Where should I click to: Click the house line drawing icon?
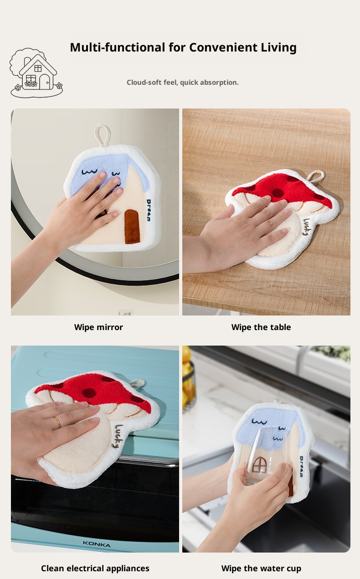(36, 72)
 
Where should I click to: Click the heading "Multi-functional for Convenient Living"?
(183, 47)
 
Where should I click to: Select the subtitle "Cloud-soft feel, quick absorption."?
(183, 83)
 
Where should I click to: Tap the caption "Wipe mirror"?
(98, 327)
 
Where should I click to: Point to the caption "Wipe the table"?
(261, 327)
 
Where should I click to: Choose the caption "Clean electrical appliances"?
(95, 569)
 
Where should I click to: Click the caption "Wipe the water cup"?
(261, 569)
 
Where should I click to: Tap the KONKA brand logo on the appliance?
(97, 544)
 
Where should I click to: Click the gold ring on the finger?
(58, 422)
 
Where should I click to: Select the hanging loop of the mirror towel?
(103, 135)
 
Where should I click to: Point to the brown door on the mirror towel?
(132, 227)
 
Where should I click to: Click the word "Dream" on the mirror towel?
(149, 210)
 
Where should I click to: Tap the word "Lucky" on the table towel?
(307, 227)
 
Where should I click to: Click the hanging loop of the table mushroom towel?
(316, 176)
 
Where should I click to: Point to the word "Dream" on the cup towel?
(301, 466)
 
